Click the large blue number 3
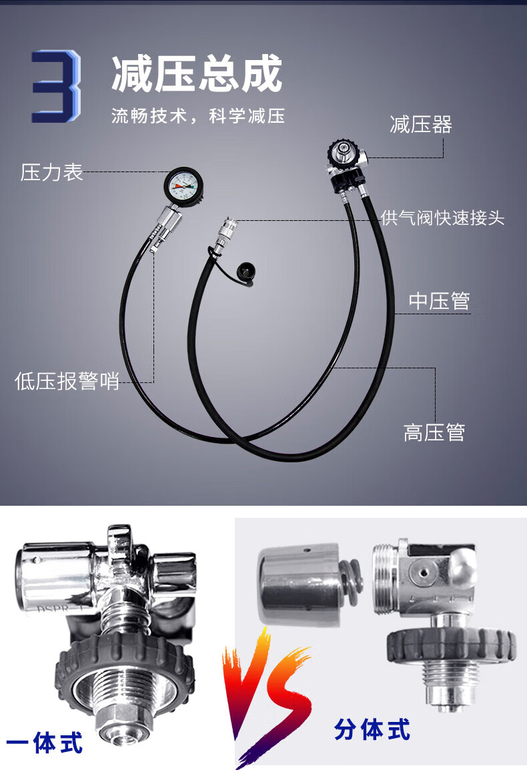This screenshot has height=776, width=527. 55,86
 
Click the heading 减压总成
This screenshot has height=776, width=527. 197,74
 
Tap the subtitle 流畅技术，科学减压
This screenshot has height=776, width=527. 198,116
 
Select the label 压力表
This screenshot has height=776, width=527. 51,172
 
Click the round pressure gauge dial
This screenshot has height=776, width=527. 183,185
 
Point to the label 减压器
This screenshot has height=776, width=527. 421,124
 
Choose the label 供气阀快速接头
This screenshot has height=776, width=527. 442,218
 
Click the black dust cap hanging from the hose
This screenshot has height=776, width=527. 246,272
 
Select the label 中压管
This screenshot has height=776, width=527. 439,300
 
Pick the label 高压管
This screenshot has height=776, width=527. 434,432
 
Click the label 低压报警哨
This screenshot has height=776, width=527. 67,381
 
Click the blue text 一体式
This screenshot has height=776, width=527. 45,743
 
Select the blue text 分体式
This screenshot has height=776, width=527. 372,730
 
